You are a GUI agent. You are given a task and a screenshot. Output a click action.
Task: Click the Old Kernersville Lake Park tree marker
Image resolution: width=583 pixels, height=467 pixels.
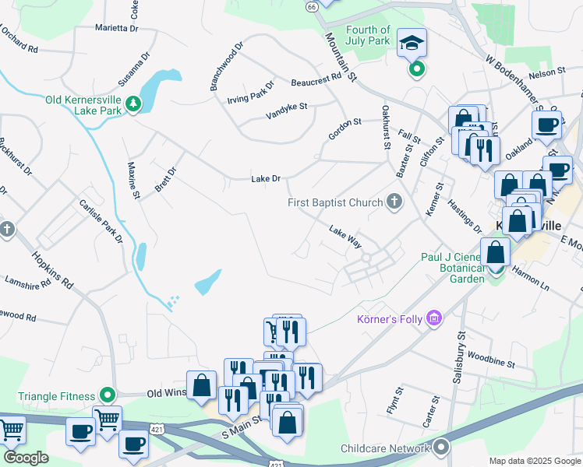coord(133,104)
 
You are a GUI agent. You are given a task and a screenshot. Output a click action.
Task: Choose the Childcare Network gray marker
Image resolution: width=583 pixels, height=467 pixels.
coord(442,448)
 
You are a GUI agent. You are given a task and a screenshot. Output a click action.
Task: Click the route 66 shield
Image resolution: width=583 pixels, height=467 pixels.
coord(312,6)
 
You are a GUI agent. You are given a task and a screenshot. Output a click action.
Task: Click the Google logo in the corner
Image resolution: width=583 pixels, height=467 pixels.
coord(26,458)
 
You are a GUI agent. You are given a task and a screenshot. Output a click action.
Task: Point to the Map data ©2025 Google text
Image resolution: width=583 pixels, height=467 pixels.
coord(534,461)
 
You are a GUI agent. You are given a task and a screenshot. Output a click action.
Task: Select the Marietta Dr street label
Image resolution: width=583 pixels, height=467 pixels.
coord(116,28)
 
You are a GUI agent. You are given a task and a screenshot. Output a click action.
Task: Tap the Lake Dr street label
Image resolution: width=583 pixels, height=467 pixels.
coord(265,179)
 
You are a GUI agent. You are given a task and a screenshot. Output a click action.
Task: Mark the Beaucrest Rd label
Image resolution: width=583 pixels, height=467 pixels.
coord(316,78)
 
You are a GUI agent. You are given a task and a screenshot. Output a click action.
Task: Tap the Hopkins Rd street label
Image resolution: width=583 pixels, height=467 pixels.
coord(52,270)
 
